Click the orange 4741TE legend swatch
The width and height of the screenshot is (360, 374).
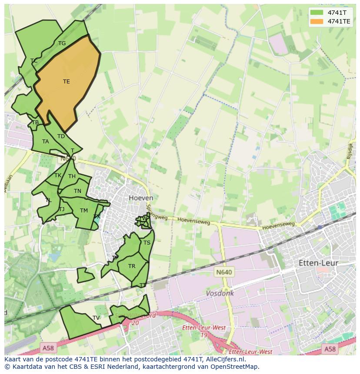(x=317, y=21)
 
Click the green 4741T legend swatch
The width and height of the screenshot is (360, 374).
(x=317, y=13)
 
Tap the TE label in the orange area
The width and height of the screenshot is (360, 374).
(x=66, y=82)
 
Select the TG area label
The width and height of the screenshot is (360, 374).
(x=62, y=43)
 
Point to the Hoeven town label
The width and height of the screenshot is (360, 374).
(x=141, y=198)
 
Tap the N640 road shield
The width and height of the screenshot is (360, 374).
(x=224, y=272)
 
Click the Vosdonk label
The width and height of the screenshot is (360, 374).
(x=220, y=294)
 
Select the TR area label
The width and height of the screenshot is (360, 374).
(x=132, y=266)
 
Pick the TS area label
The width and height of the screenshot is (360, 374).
(x=147, y=243)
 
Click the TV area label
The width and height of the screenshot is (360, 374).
(x=96, y=318)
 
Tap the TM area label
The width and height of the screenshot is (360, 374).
(x=84, y=211)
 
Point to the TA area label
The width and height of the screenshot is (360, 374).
(x=46, y=142)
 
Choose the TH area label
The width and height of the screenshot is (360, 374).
(x=72, y=176)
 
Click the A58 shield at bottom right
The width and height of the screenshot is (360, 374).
(x=330, y=349)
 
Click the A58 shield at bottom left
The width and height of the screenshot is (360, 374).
(x=48, y=348)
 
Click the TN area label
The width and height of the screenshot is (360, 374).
(x=77, y=191)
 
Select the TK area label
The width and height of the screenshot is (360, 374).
(x=58, y=175)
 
